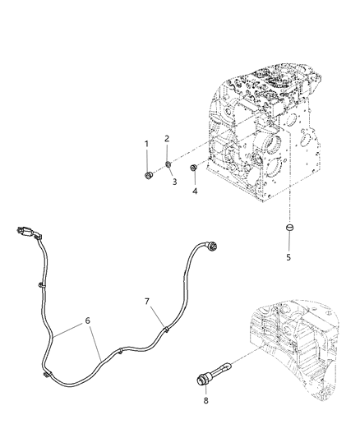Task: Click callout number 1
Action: [x=146, y=144]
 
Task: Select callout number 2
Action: [x=167, y=139]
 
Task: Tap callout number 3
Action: [x=174, y=182]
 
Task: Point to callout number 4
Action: [x=195, y=191]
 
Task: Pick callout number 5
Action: [x=288, y=257]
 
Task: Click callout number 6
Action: [x=88, y=320]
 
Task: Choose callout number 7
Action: [x=147, y=302]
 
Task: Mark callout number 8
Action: [x=205, y=400]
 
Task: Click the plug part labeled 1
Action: [x=149, y=176]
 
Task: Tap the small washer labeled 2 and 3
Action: [x=168, y=164]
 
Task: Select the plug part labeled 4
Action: [x=193, y=168]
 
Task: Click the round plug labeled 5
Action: [x=289, y=227]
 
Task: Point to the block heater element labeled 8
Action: [x=213, y=373]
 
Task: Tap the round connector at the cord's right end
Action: [x=212, y=247]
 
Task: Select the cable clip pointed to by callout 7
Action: [x=166, y=329]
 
